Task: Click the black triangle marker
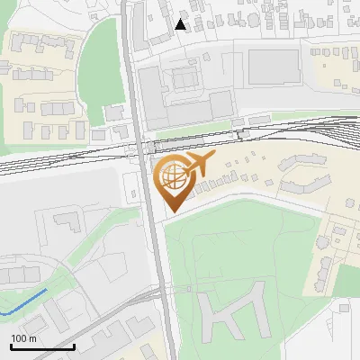[x=181, y=24]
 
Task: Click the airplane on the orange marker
[x=198, y=164]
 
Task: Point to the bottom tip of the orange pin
[x=172, y=212]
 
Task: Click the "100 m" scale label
[x=23, y=337]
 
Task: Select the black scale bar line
[x=42, y=346]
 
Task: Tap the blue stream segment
[x=27, y=302]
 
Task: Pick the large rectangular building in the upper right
[x=273, y=64]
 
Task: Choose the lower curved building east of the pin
[x=302, y=185]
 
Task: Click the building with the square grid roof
[x=185, y=79]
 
